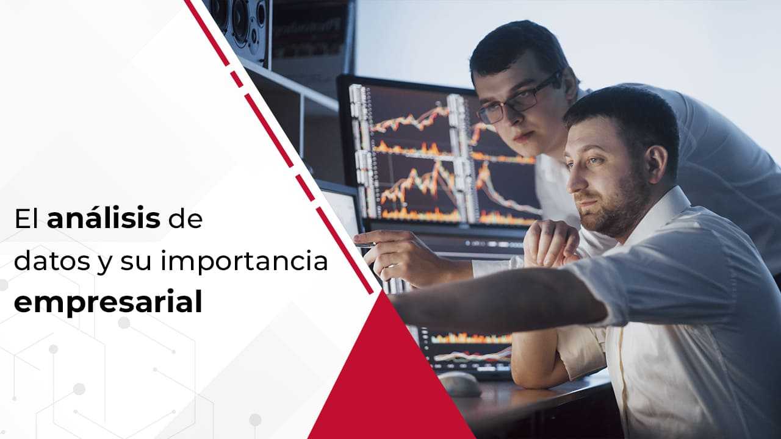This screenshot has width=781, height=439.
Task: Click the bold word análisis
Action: pos(104,218)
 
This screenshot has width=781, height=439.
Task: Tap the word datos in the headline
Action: pos(52,262)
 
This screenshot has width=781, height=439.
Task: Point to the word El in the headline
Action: pos(26,219)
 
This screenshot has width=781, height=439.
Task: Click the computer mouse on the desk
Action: pos(459,384)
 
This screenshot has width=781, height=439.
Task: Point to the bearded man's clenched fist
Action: pos(551,244)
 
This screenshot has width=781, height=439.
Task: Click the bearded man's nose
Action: pos(572,182)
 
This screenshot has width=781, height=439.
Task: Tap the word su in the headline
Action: pos(135,263)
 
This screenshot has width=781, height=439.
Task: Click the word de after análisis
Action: pos(185,219)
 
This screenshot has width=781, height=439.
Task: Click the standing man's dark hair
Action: pos(516,45)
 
